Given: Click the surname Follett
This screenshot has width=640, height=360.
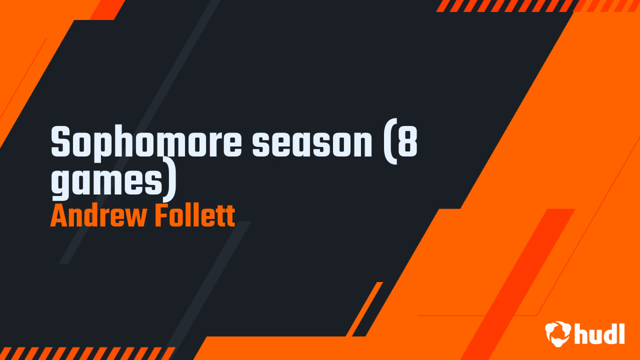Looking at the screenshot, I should coord(194,216).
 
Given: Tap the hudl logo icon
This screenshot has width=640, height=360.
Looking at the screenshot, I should coord(557,333).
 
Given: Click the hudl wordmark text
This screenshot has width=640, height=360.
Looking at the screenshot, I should coord(599,333).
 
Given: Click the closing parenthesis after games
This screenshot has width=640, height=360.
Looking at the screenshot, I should coord(171,180).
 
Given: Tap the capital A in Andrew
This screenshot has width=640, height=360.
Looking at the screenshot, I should coord(58,216).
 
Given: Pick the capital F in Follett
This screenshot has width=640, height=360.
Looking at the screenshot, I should coord(161,216).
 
